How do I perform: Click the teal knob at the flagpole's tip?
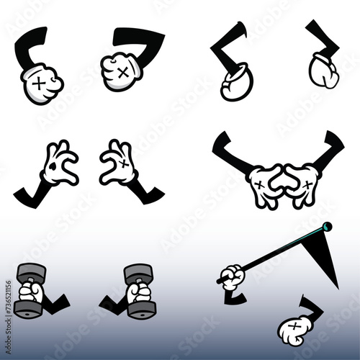328,226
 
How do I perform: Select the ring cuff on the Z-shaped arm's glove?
235,75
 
